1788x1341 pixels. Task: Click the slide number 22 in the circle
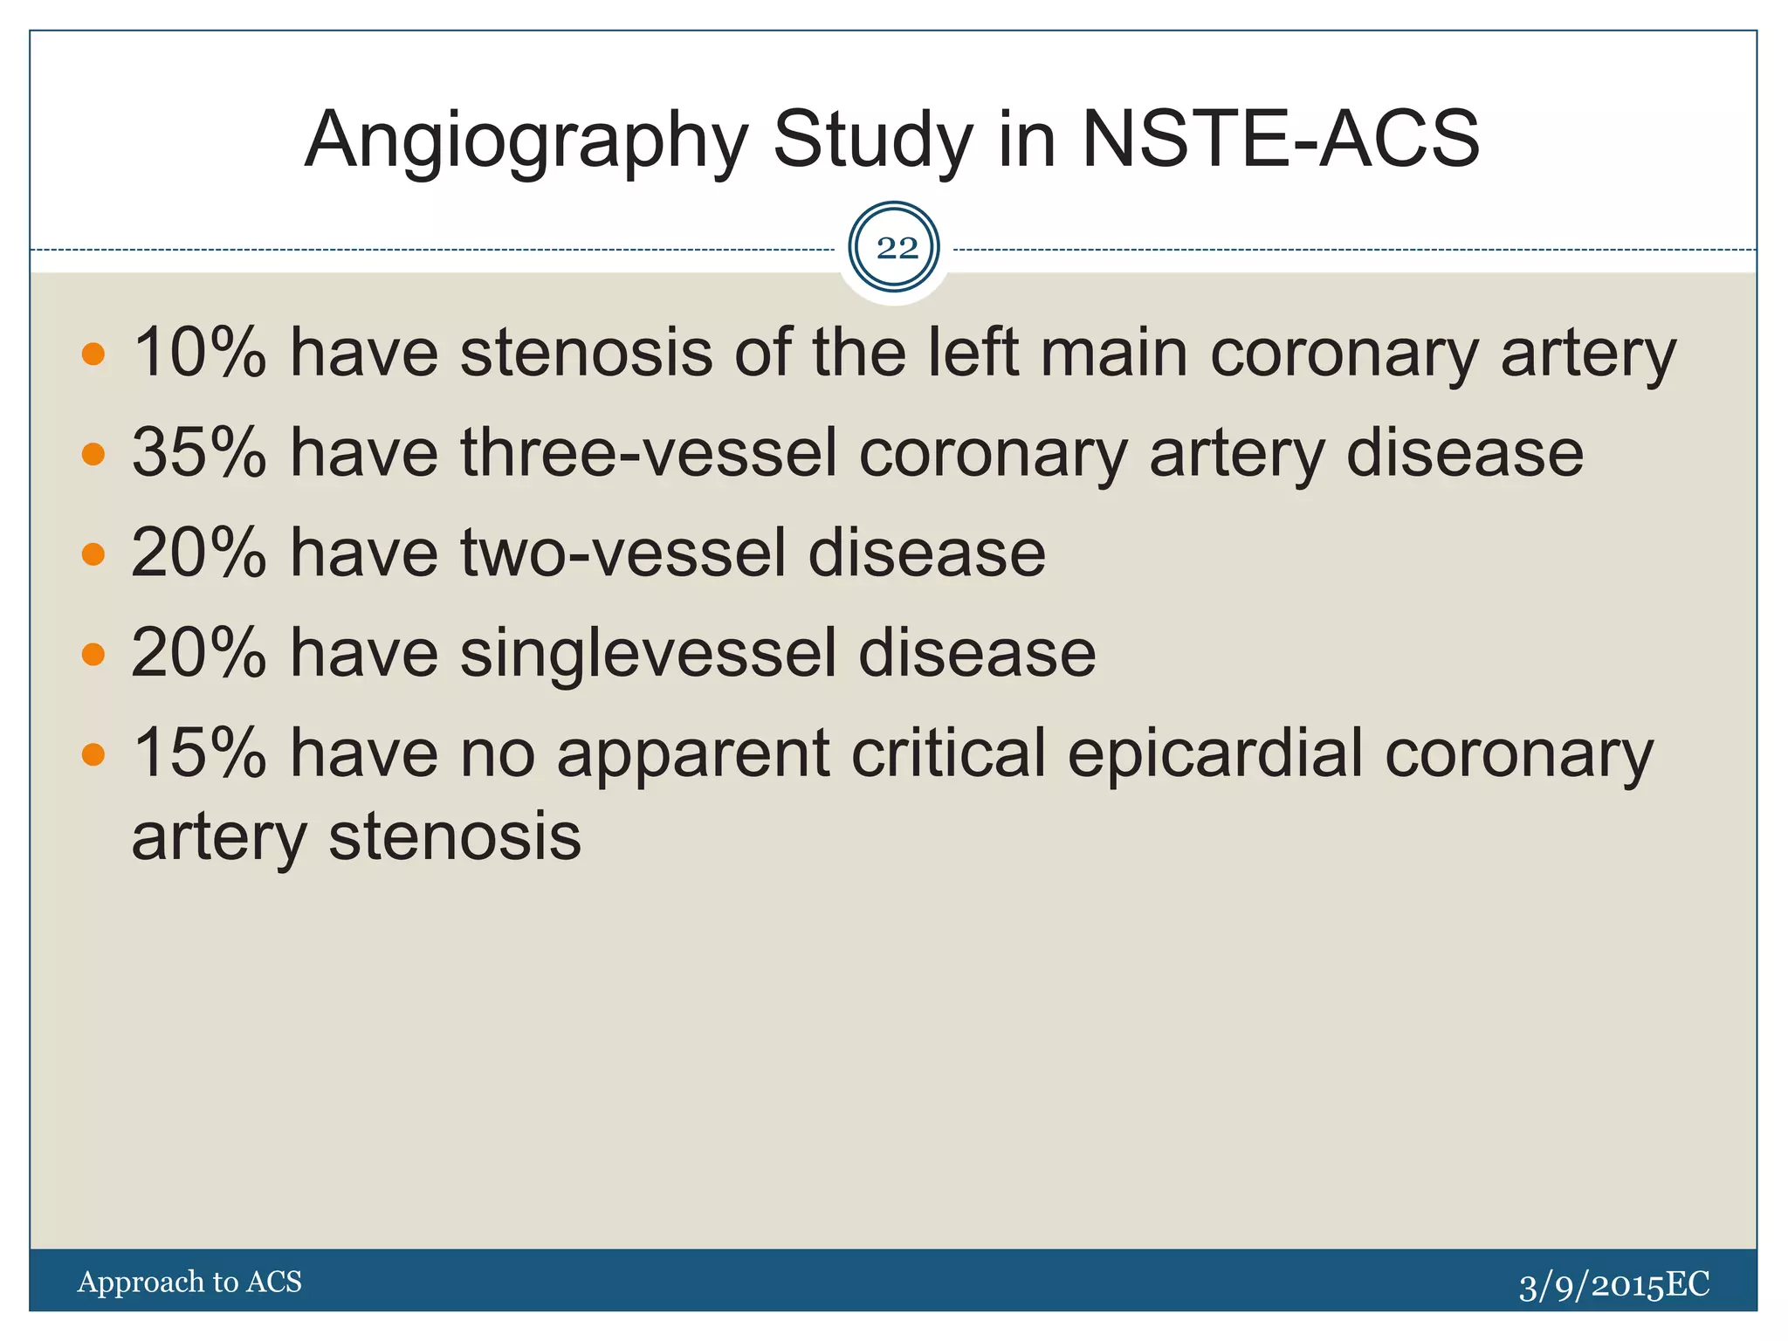click(x=897, y=249)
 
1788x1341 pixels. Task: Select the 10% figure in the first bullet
click(x=199, y=353)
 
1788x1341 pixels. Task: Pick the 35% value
click(x=199, y=453)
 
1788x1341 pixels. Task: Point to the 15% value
click(x=199, y=753)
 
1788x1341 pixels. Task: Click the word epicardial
click(x=1214, y=753)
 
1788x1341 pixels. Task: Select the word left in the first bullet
click(x=972, y=353)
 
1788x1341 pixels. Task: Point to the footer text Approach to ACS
click(x=189, y=1282)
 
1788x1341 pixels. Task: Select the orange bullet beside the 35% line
click(x=93, y=454)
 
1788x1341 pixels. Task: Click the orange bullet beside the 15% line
click(x=93, y=754)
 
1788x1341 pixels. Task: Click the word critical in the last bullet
click(x=948, y=753)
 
